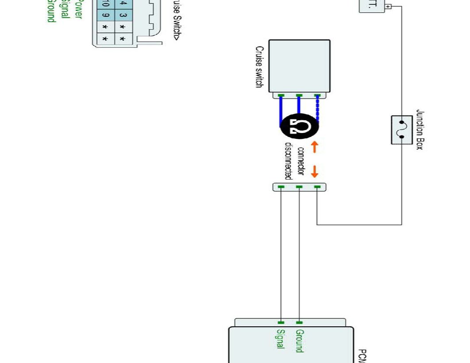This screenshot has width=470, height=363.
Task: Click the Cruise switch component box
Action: coord(299,66)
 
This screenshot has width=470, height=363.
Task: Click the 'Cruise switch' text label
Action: coord(259,67)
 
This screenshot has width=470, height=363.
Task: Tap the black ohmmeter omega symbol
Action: coord(299,127)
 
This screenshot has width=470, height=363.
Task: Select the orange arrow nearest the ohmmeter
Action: coord(315,147)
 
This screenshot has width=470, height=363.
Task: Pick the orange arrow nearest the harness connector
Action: coord(315,171)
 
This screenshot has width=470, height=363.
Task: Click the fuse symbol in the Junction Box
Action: coord(402,130)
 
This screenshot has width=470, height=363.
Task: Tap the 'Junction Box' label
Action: coord(420,130)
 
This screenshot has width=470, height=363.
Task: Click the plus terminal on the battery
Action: coord(388,7)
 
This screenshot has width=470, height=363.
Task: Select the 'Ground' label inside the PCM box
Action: coord(300,341)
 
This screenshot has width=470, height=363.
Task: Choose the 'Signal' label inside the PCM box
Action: coord(280,339)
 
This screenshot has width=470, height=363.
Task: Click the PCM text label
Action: coord(362,356)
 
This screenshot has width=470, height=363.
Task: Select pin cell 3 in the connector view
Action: coord(123,16)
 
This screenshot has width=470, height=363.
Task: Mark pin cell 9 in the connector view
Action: coord(105,16)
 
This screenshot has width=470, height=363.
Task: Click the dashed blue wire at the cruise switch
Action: coord(317,108)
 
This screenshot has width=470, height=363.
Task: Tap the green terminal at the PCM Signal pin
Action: coord(281,322)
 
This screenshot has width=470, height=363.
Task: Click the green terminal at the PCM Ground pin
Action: coord(299,322)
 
